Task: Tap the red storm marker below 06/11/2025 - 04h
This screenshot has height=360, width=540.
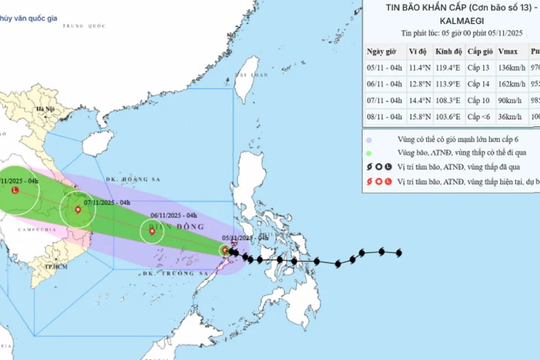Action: [152, 232]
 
